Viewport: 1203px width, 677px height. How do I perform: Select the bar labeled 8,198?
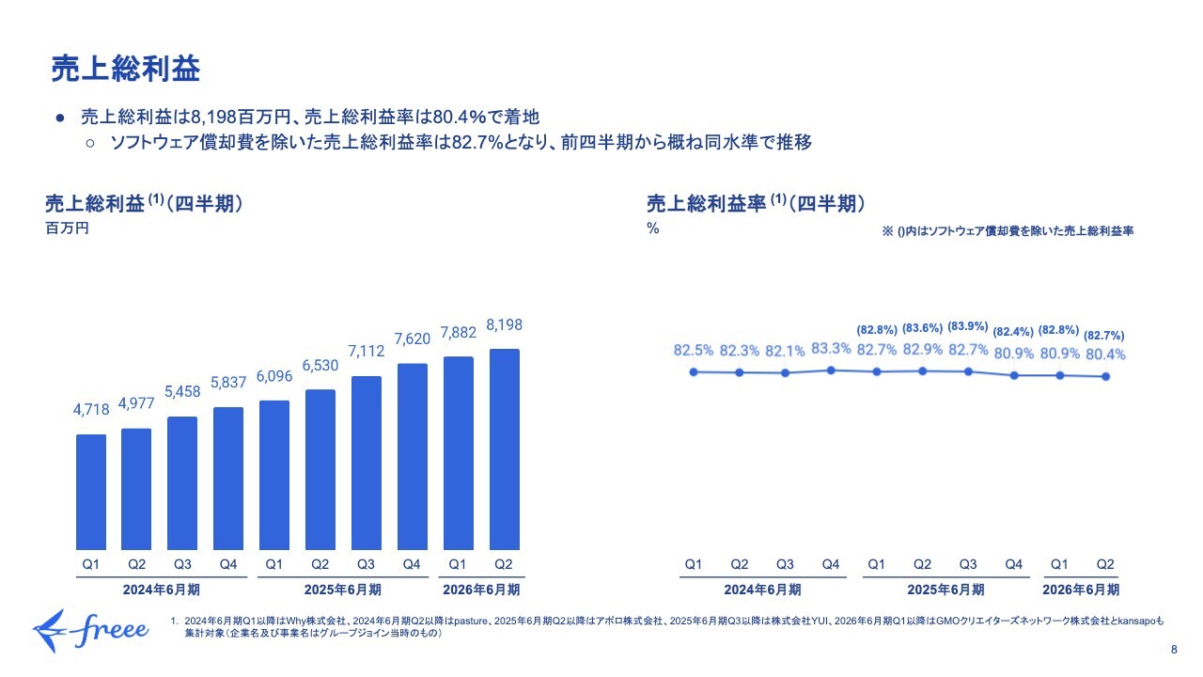click(x=503, y=449)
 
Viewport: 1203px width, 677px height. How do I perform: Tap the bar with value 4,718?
click(x=91, y=491)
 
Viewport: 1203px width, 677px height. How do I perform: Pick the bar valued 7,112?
click(x=366, y=462)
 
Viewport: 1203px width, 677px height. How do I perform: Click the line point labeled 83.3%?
click(x=831, y=370)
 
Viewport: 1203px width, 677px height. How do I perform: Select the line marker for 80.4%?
click(x=1106, y=377)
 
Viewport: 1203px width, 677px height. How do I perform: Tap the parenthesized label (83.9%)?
click(x=968, y=326)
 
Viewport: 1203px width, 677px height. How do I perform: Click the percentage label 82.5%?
click(x=694, y=351)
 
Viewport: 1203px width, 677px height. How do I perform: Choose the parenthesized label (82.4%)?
click(x=1013, y=331)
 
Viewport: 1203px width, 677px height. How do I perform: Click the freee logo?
click(x=90, y=628)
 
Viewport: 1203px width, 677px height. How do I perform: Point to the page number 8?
click(x=1174, y=650)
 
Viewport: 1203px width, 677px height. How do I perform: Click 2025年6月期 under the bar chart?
click(x=343, y=590)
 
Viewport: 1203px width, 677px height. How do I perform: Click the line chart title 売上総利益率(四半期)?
click(x=755, y=204)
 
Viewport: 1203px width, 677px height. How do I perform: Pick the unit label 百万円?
click(x=67, y=228)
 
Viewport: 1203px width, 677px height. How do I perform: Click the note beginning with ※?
click(x=1007, y=231)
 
